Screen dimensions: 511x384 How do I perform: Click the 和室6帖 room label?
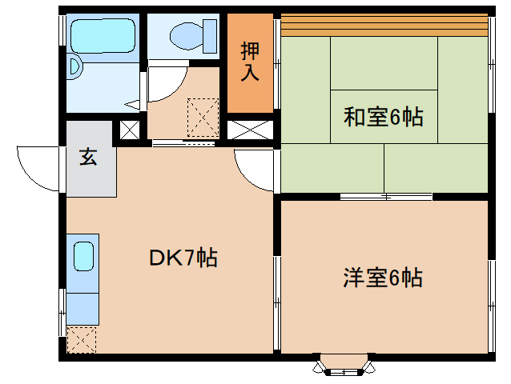pyautogui.click(x=383, y=117)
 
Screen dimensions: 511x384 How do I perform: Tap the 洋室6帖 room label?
pyautogui.click(x=383, y=278)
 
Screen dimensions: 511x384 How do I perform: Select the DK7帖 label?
pyautogui.click(x=183, y=258)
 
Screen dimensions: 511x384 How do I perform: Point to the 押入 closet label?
pyautogui.click(x=250, y=62)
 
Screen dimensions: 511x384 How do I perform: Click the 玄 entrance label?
pyautogui.click(x=88, y=157)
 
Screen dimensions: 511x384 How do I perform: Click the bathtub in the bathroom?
pyautogui.click(x=103, y=35)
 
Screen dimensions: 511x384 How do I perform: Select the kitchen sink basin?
pyautogui.click(x=84, y=257)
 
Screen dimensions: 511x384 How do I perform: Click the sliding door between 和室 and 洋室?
pyautogui.click(x=386, y=197)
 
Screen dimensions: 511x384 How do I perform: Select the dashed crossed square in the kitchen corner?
pyautogui.click(x=82, y=340)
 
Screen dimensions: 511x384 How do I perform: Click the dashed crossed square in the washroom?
pyautogui.click(x=203, y=118)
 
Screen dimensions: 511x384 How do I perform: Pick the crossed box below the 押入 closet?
pyautogui.click(x=250, y=130)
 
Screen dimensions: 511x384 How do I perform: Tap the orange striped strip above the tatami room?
pyautogui.click(x=384, y=25)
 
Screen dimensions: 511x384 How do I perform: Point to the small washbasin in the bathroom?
pyautogui.click(x=74, y=67)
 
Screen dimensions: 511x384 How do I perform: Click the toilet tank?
pyautogui.click(x=210, y=36)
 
